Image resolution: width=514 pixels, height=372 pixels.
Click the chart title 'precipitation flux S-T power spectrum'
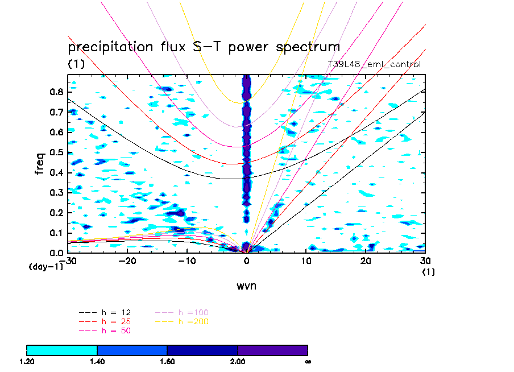pyautogui.click(x=204, y=47)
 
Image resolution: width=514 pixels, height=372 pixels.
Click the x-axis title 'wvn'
pyautogui.click(x=246, y=286)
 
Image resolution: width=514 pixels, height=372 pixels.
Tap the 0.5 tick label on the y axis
pyautogui.click(x=56, y=152)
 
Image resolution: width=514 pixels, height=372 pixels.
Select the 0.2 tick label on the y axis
pyautogui.click(x=56, y=212)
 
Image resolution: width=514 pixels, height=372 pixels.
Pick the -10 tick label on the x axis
pyautogui.click(x=187, y=261)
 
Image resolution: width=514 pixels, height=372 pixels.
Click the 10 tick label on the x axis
pyautogui.click(x=306, y=261)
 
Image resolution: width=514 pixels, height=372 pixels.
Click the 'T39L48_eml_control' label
pyautogui.click(x=374, y=64)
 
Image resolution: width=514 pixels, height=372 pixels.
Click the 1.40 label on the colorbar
pyautogui.click(x=97, y=361)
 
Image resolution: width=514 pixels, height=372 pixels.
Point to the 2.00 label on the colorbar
pyautogui.click(x=238, y=361)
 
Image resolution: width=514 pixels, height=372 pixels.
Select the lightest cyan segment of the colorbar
pyautogui.click(x=62, y=350)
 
